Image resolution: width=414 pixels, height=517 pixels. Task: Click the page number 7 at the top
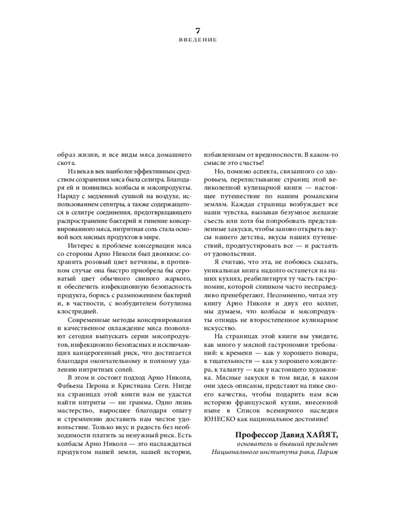point(197,30)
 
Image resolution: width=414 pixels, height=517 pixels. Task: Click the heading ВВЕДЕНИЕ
point(197,40)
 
